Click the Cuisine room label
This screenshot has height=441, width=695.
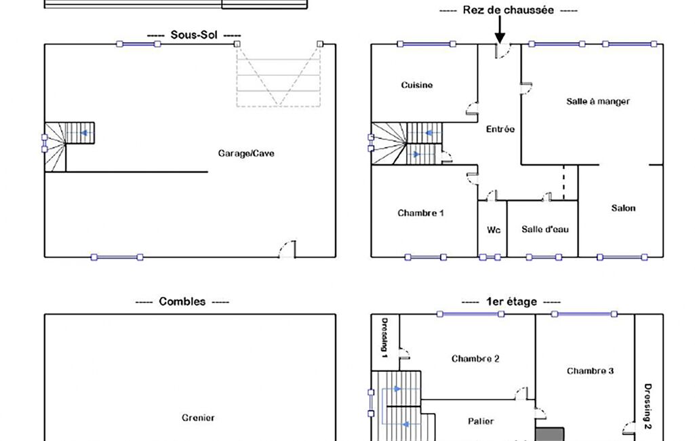pos(416,85)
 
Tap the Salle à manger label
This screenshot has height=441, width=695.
pos(598,101)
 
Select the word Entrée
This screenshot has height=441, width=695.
pos(500,129)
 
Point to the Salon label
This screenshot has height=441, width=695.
pos(623,208)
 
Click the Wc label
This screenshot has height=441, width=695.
pos(494,230)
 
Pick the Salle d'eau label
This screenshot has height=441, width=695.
pos(544,229)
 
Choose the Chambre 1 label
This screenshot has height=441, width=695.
pos(420,213)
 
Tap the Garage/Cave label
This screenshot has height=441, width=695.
pos(246,153)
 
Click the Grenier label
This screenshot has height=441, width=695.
pos(198,417)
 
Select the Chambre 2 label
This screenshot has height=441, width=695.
pos(475,358)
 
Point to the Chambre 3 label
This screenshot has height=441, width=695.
pos(590,371)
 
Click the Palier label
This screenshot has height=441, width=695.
pos(481,421)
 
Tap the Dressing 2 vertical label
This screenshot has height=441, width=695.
pos(648,406)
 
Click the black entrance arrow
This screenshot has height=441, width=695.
pos(500,30)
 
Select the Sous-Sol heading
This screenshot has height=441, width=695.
pos(194,35)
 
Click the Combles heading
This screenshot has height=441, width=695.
pos(182,302)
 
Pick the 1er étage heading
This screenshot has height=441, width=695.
pos(511,302)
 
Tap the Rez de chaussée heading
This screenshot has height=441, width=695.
pos(508,9)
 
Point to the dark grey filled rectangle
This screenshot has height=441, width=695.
pos(550,434)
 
